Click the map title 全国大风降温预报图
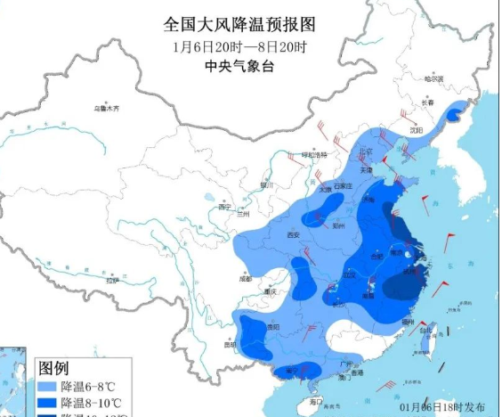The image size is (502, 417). [239, 23]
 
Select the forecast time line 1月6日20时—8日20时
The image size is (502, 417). [239, 45]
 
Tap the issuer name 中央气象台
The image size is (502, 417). [239, 66]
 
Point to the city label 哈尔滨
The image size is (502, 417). [434, 78]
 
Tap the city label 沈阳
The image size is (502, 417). [415, 129]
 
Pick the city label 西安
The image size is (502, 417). [293, 235]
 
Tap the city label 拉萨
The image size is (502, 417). [112, 281]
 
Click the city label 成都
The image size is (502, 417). [233, 279]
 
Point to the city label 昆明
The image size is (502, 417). [231, 343]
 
